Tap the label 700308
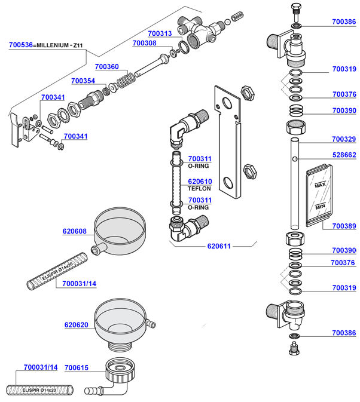point(144,43)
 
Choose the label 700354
point(83,81)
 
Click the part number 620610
point(200,182)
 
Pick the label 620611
point(219,246)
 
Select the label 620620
point(76,325)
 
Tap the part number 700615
point(76,367)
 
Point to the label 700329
point(344,140)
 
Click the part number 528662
point(344,155)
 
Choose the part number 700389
point(344,226)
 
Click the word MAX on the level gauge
point(319,186)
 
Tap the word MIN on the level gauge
point(319,206)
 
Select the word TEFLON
point(200,189)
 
